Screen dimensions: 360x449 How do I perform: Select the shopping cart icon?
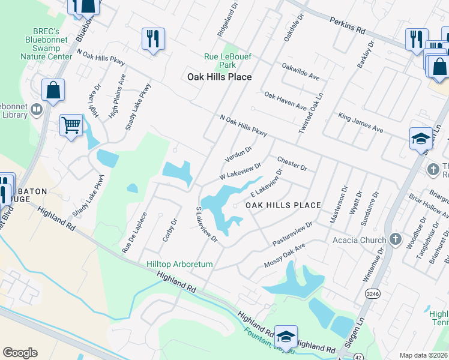coord(71,126)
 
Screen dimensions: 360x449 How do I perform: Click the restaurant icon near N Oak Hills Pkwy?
coord(152,40)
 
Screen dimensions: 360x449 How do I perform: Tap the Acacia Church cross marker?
coord(395,240)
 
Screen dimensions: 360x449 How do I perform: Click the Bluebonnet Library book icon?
coord(37,109)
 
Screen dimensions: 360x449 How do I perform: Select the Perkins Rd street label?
coord(348,25)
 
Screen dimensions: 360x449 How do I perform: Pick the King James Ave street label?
coord(360,121)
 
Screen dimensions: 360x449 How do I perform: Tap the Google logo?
coord(20,353)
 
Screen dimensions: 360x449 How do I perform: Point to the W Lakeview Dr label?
coord(240,172)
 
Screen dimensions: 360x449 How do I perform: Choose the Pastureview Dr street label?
coord(292,233)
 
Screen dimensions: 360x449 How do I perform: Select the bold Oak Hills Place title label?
coord(219,77)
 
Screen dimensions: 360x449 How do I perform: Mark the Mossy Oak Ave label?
coord(285,256)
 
